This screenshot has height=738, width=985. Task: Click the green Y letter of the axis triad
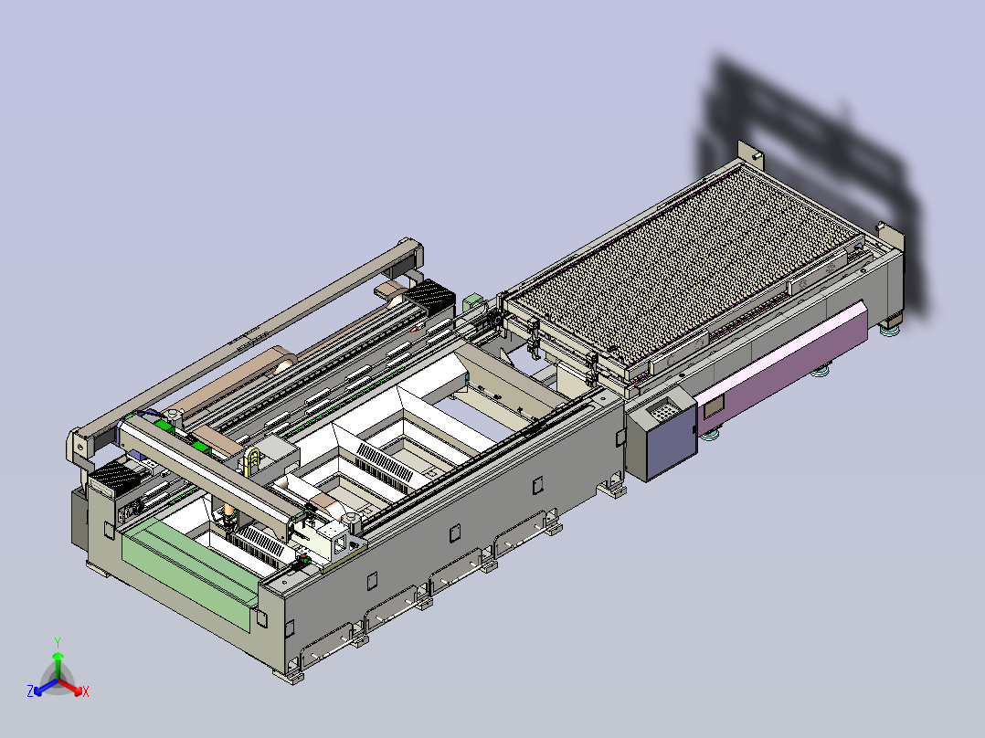[58, 642]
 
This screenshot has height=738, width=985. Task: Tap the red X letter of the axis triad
[86, 691]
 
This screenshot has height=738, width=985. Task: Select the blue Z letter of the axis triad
[30, 691]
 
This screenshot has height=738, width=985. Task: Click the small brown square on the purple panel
[714, 408]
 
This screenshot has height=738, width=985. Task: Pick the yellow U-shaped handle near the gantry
[252, 459]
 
